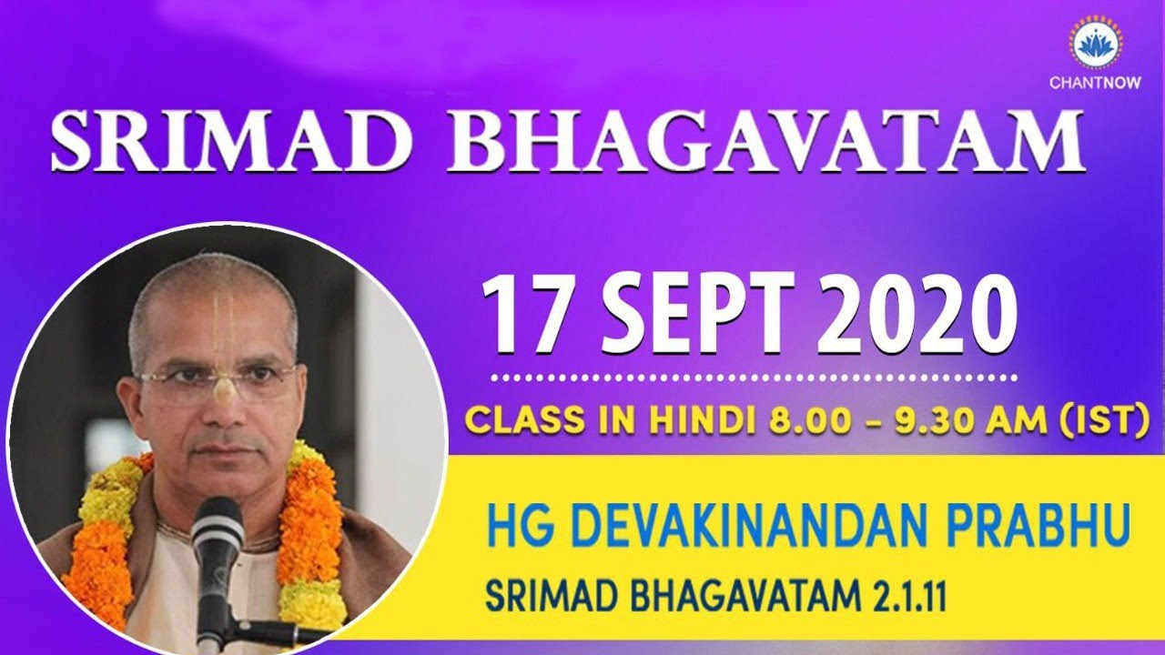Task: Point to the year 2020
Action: click(910, 315)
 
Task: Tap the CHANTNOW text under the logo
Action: click(1097, 83)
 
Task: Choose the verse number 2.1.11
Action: click(901, 598)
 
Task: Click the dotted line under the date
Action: click(751, 374)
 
